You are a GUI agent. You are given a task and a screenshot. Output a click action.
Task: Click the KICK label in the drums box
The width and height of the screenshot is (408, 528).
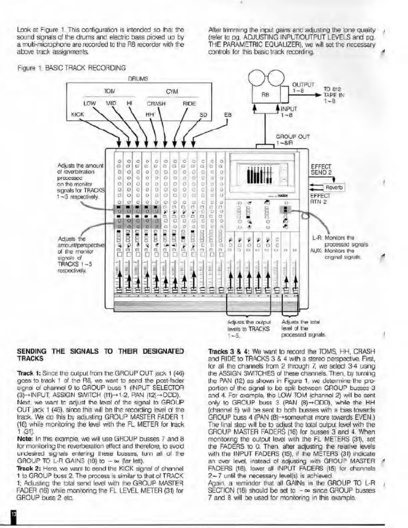pyautogui.click(x=77, y=114)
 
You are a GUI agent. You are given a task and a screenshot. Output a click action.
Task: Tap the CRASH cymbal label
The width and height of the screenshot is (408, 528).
pyautogui.click(x=156, y=104)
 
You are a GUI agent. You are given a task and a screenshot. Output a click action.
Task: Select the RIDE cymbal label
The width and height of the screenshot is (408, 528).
pyautogui.click(x=189, y=104)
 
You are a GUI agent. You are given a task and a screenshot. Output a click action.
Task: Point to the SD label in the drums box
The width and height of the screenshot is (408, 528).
pyautogui.click(x=203, y=115)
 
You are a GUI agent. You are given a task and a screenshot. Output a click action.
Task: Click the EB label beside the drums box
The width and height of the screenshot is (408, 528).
pyautogui.click(x=228, y=115)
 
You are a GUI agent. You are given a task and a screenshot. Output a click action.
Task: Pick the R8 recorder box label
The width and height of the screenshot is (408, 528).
pyautogui.click(x=265, y=95)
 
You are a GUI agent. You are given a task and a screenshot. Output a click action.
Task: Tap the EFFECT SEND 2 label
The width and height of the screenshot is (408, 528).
pyautogui.click(x=321, y=169)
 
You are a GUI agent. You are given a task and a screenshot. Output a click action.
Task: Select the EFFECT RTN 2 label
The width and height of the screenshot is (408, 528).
pyautogui.click(x=320, y=199)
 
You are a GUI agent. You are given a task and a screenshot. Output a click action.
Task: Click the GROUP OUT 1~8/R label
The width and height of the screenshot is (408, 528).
pyautogui.click(x=293, y=140)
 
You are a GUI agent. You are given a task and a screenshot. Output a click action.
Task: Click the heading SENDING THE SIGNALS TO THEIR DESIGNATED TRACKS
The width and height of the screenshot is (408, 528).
pyautogui.click(x=100, y=355)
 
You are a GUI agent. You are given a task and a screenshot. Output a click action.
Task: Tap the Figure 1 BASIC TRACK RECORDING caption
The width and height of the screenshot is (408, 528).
pyautogui.click(x=71, y=68)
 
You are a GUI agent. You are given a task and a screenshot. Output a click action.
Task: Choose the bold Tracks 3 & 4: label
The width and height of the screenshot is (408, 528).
pyautogui.click(x=229, y=352)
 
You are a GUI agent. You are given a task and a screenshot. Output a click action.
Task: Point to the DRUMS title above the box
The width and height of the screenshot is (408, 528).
pyautogui.click(x=138, y=79)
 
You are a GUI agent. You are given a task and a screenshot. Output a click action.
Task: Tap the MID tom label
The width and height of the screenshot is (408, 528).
pyautogui.click(x=111, y=103)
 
